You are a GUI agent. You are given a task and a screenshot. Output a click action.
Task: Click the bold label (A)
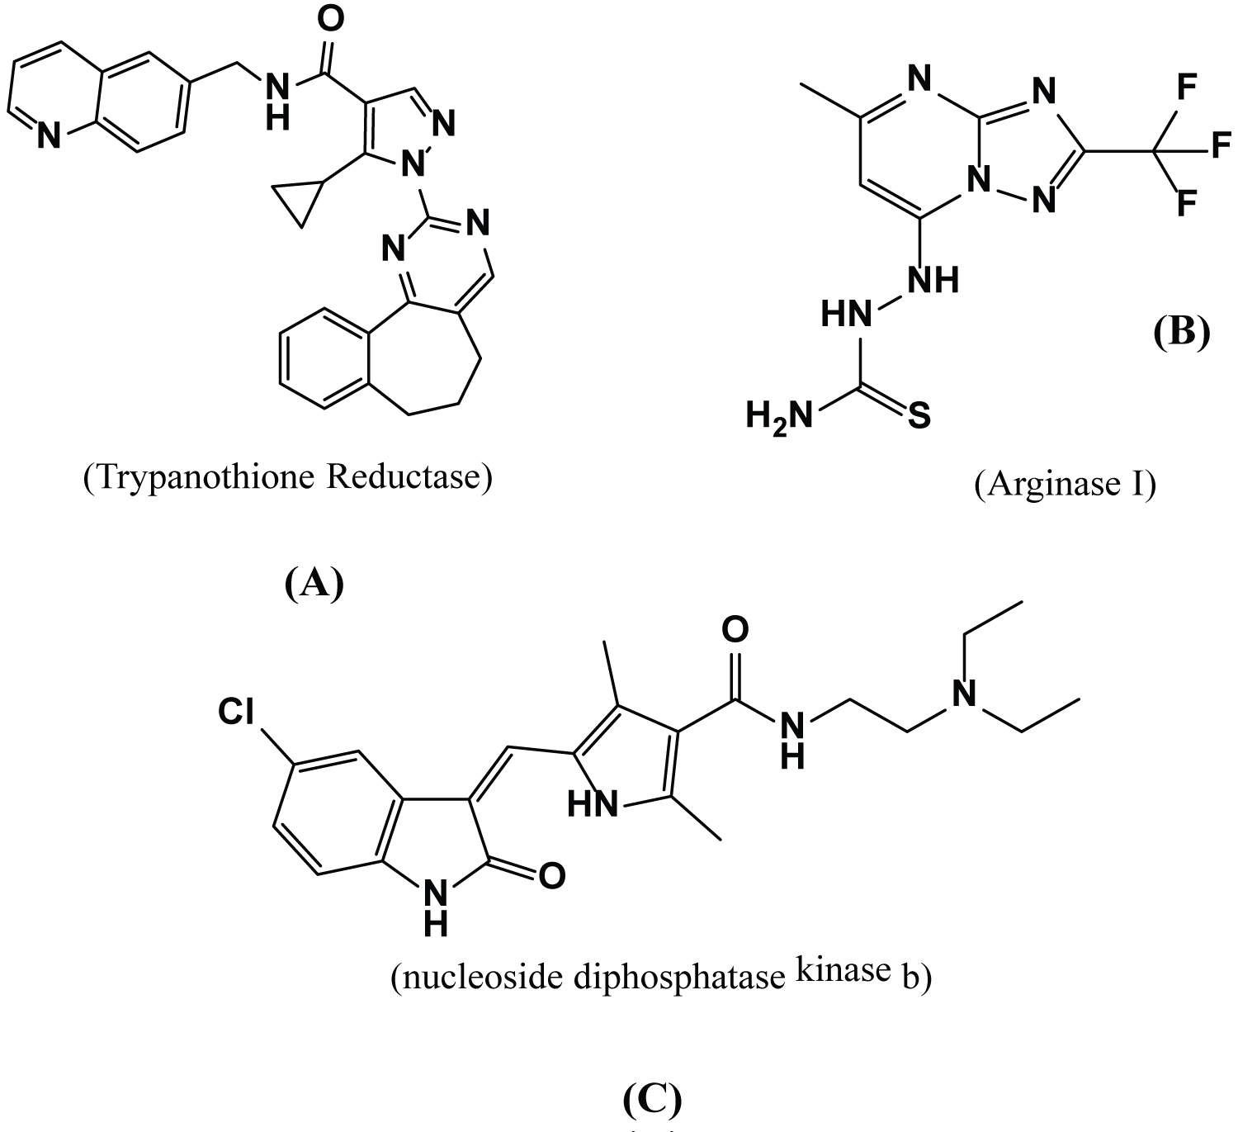pyautogui.click(x=314, y=582)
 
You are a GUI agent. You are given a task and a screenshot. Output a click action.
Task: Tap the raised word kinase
pyautogui.click(x=843, y=968)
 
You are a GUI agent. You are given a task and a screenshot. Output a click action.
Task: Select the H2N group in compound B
pyautogui.click(x=778, y=417)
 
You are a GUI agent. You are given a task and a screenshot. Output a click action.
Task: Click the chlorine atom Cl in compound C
pyautogui.click(x=236, y=712)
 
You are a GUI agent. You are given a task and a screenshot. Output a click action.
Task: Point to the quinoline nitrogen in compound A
pyautogui.click(x=49, y=135)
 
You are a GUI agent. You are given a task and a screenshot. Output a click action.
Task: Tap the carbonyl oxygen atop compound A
pyautogui.click(x=330, y=19)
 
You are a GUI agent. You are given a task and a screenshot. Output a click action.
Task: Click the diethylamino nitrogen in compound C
pyautogui.click(x=963, y=694)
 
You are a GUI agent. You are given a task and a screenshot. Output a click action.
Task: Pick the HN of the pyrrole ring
pyautogui.click(x=593, y=804)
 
